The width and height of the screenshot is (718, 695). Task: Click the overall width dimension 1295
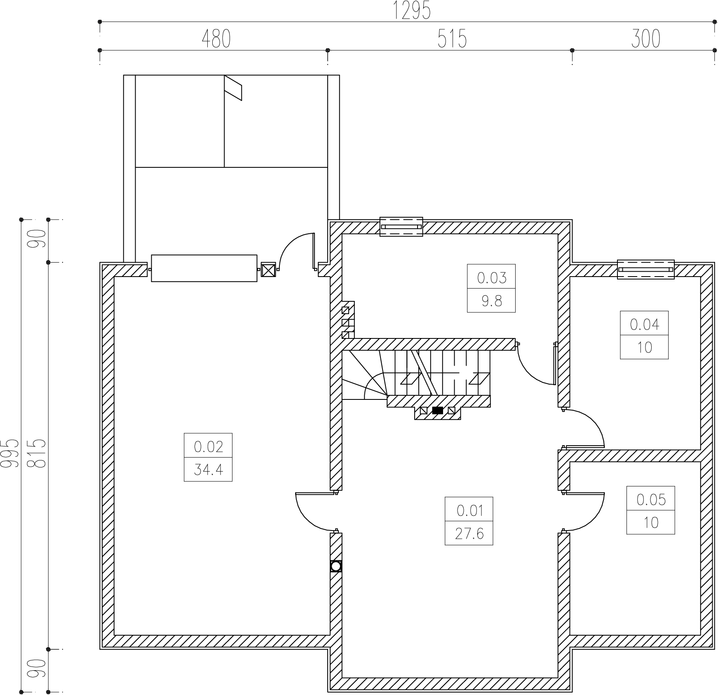click(x=412, y=11)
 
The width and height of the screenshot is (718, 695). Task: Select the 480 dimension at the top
click(x=216, y=39)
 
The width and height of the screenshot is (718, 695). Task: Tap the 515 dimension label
click(x=452, y=39)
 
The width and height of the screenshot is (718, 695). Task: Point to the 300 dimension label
click(x=645, y=39)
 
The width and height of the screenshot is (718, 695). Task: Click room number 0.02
click(x=208, y=446)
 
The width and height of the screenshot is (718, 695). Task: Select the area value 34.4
click(x=208, y=470)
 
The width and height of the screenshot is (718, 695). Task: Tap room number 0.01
click(x=469, y=511)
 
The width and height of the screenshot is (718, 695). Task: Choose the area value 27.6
click(x=469, y=534)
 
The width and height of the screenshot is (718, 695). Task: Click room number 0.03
click(x=491, y=278)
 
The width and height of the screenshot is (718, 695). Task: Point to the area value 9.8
click(x=491, y=301)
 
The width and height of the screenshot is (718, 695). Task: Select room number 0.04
click(x=645, y=324)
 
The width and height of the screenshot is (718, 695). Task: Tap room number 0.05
click(x=651, y=500)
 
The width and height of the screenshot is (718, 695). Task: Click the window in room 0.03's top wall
click(x=401, y=227)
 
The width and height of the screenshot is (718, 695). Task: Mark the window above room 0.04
click(x=646, y=270)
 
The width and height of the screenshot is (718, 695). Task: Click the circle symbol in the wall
click(x=336, y=566)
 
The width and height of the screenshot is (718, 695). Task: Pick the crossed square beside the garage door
click(x=268, y=270)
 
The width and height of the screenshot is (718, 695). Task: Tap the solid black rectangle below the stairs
click(x=437, y=410)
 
